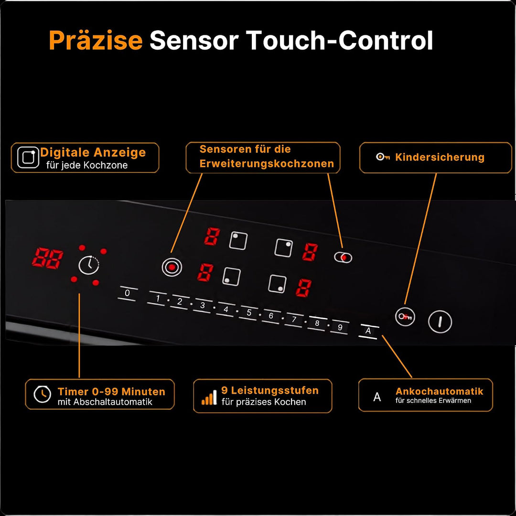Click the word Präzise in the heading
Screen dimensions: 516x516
click(96, 40)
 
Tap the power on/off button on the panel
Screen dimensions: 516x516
click(440, 322)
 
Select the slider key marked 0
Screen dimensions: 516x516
click(128, 293)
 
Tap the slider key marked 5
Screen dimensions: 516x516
click(249, 312)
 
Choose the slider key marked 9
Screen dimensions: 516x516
click(340, 327)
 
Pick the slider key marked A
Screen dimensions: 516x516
click(368, 331)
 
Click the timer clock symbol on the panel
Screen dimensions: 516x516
click(89, 265)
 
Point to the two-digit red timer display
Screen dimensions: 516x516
click(48, 258)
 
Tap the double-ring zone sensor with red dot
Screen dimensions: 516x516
click(172, 267)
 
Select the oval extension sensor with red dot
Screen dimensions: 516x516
click(343, 258)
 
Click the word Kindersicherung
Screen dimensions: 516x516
click(440, 157)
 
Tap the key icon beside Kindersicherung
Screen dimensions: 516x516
click(383, 157)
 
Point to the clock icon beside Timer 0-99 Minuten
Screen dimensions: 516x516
click(43, 394)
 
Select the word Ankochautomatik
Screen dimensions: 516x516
click(440, 391)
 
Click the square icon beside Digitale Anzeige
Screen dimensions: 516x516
click(28, 157)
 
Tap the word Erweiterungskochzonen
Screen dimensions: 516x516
click(267, 163)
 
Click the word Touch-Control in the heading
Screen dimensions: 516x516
click(339, 40)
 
